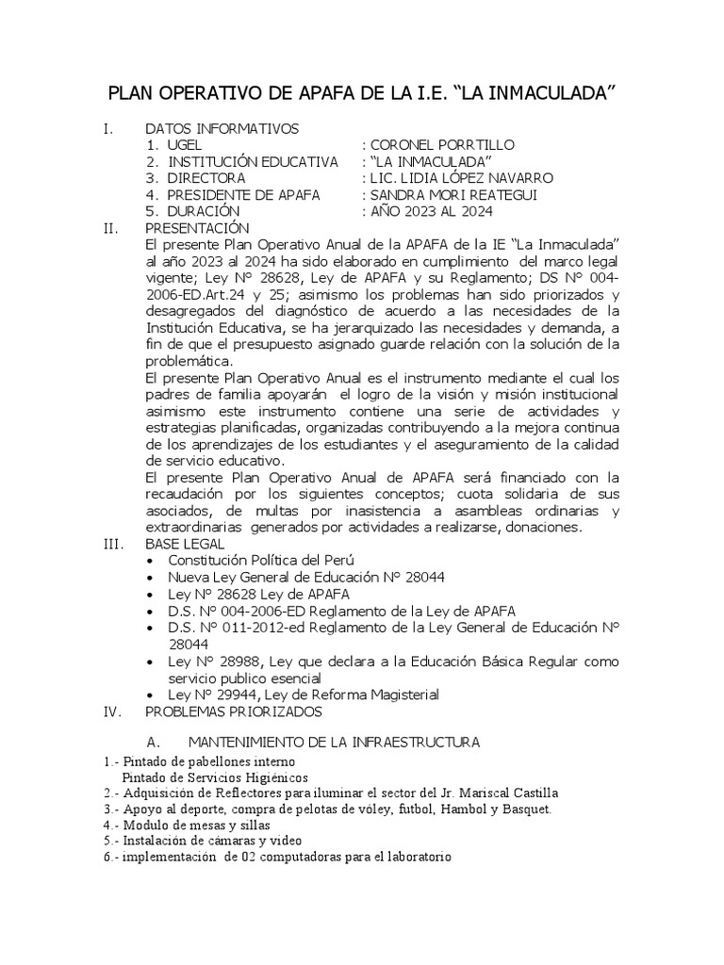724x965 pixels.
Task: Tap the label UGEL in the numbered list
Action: [185, 145]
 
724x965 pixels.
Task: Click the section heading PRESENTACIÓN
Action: [197, 228]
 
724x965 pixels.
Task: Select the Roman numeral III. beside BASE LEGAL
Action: [114, 544]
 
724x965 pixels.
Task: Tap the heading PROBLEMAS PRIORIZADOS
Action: [233, 711]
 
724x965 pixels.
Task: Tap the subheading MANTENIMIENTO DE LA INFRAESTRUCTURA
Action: [335, 744]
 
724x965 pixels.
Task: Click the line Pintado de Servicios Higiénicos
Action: [215, 777]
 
